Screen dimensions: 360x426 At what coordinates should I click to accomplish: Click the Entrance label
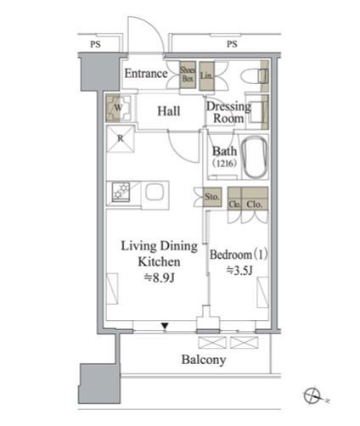coord(146,74)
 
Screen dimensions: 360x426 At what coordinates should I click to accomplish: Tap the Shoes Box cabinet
coord(188,75)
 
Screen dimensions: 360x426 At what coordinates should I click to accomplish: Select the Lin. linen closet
coord(206,76)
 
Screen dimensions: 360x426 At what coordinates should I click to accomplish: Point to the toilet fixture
coord(255,76)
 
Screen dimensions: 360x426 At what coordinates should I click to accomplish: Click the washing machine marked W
coord(119,108)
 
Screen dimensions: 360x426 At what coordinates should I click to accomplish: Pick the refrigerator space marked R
coord(121,139)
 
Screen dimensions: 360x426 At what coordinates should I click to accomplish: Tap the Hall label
coord(169,111)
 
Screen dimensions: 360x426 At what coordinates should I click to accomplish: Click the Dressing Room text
coord(228,112)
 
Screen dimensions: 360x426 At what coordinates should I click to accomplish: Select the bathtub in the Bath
coord(256,157)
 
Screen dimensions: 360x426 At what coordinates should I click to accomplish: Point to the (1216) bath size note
coord(225,163)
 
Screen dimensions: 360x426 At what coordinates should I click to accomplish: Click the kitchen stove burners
coord(121,192)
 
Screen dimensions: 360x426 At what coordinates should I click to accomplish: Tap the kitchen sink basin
coord(155,192)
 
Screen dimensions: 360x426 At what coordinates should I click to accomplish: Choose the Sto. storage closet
coord(212,197)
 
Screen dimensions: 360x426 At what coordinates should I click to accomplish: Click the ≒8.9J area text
coord(160,277)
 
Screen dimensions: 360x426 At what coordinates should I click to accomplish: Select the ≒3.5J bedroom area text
coord(239,271)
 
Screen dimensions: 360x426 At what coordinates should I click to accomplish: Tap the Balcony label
coord(204,360)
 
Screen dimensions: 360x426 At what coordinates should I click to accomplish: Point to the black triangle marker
coord(165,327)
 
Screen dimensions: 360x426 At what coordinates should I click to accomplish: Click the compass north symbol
coord(312,395)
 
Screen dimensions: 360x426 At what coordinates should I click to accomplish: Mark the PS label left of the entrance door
coord(95,44)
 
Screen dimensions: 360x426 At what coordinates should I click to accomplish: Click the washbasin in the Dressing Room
coord(256,111)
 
